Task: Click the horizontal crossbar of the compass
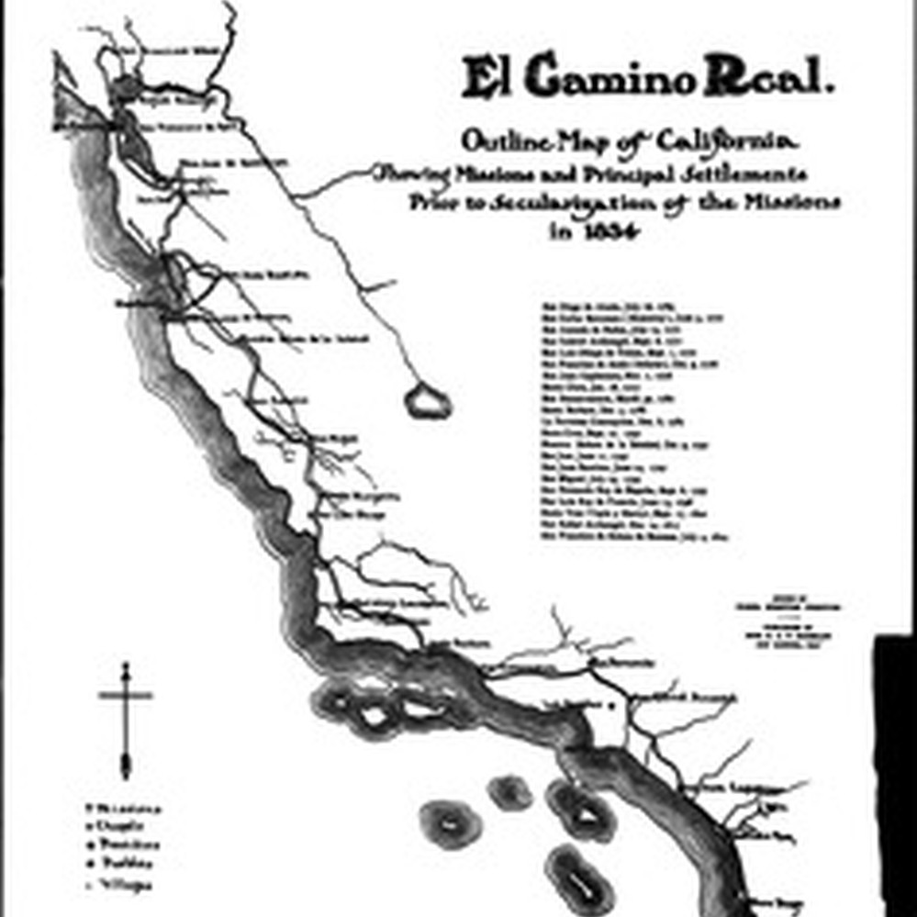click(x=126, y=696)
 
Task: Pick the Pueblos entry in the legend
click(x=120, y=864)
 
